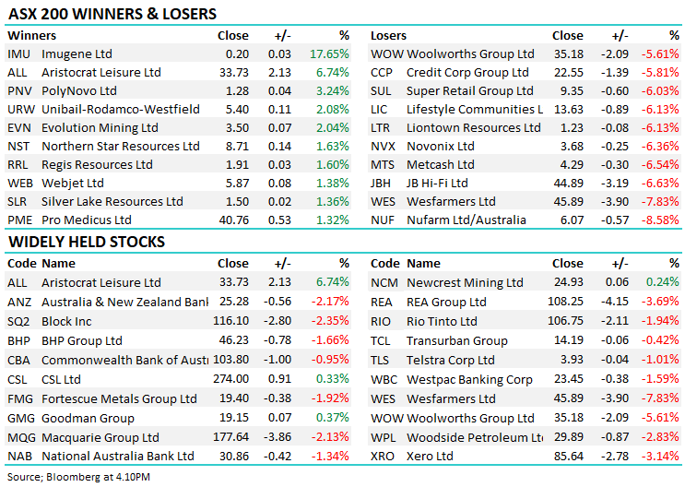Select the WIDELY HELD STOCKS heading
click(x=87, y=243)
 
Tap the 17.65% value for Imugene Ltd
click(x=329, y=54)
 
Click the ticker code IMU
click(x=18, y=54)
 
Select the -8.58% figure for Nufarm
click(x=661, y=220)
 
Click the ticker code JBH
click(x=382, y=184)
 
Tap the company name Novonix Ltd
click(x=441, y=147)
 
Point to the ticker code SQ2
click(x=18, y=321)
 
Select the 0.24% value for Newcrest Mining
click(x=664, y=283)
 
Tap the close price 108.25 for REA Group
click(x=566, y=302)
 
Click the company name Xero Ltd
click(x=431, y=457)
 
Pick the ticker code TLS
click(x=381, y=360)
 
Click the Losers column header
click(x=388, y=35)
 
